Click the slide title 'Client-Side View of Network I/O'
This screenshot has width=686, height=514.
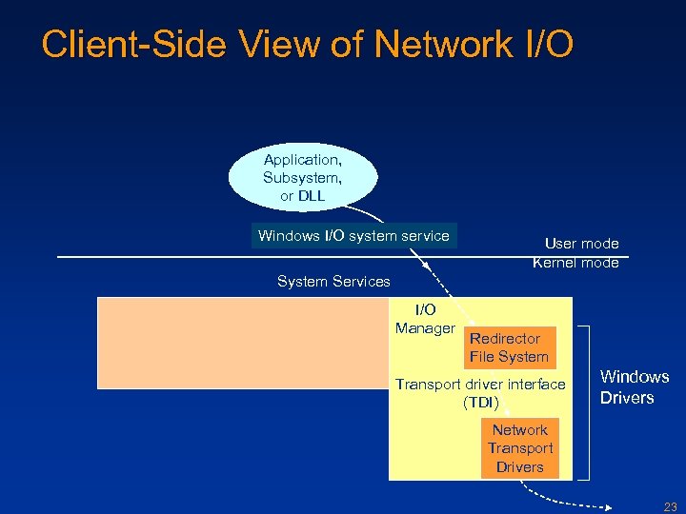click(x=307, y=44)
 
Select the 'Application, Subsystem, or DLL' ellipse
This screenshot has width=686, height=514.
click(x=302, y=176)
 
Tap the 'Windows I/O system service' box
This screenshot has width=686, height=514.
click(x=353, y=235)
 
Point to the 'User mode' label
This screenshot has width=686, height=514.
click(x=581, y=244)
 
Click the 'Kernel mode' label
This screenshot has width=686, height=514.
click(x=575, y=263)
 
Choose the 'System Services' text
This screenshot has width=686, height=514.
click(x=333, y=281)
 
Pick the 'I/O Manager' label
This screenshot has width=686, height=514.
click(x=425, y=319)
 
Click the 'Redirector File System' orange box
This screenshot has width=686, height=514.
click(x=509, y=347)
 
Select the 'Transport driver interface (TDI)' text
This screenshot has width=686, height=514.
click(x=480, y=393)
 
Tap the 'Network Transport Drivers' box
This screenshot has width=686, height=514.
click(x=519, y=448)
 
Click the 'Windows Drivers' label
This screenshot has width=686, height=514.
click(x=634, y=386)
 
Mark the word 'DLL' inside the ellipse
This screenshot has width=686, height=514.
click(x=311, y=195)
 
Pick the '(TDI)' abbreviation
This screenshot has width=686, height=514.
click(x=481, y=403)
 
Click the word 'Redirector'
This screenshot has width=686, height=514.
click(x=505, y=338)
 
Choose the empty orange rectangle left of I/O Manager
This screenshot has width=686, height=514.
click(x=243, y=343)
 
